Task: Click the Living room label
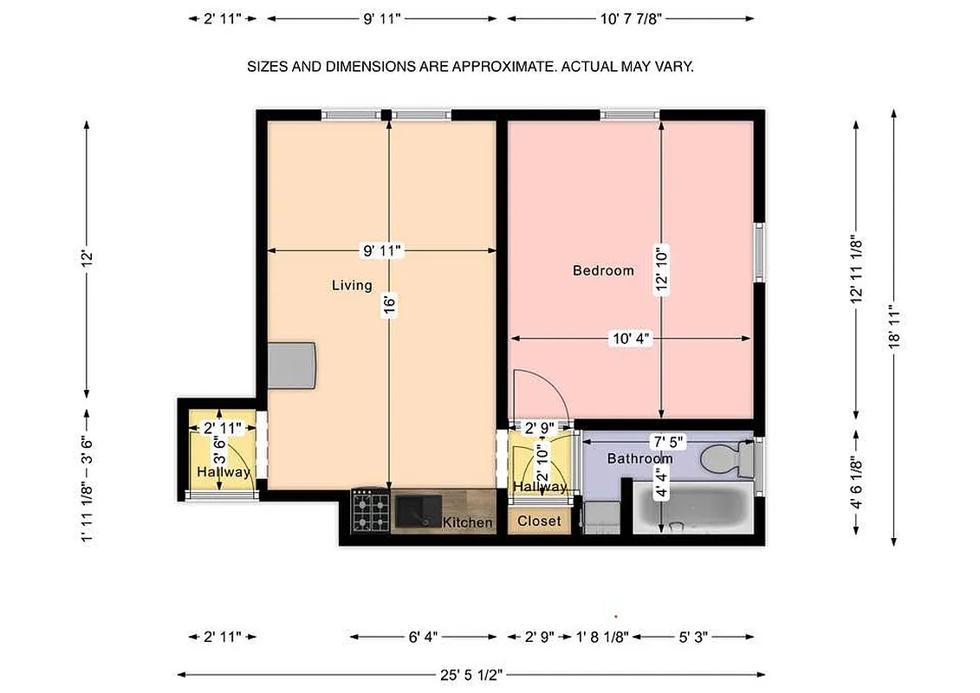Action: (x=352, y=285)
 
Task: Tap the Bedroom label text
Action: (x=603, y=270)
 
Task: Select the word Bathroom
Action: (x=639, y=458)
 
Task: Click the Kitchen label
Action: (x=467, y=522)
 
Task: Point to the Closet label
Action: (x=539, y=521)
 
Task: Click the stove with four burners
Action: (x=370, y=511)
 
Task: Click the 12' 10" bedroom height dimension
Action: (x=662, y=271)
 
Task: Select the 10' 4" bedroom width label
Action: (x=630, y=340)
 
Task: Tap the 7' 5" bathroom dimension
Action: (x=667, y=441)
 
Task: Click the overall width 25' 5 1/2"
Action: (x=471, y=674)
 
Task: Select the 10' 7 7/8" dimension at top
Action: (x=630, y=18)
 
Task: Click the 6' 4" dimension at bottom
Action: (x=423, y=637)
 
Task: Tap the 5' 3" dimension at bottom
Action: (x=693, y=637)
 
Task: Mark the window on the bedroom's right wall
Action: (x=760, y=252)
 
